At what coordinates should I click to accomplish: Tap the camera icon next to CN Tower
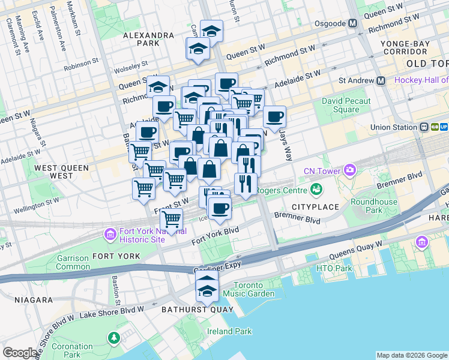351,171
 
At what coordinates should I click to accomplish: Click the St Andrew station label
357,80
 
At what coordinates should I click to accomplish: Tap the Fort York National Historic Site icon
110,233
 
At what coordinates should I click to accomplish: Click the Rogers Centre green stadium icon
315,190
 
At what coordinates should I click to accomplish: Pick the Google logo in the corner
20,353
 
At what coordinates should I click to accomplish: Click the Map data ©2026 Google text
411,355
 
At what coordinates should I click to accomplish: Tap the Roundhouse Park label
373,206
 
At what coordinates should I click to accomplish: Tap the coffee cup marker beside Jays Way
274,116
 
